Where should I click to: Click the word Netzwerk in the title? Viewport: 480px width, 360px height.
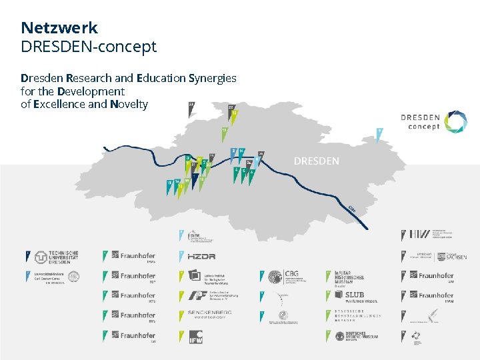[59, 28]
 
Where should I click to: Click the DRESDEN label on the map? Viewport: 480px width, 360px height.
[316, 161]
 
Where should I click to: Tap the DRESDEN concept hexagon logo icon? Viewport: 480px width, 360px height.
[455, 122]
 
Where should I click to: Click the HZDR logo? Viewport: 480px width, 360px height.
[201, 257]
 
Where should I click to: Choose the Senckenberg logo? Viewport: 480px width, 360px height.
[205, 314]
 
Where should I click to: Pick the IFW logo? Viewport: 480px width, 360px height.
[195, 337]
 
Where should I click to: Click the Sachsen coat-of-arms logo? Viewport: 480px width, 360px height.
[456, 256]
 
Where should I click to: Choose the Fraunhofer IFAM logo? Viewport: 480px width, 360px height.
[437, 295]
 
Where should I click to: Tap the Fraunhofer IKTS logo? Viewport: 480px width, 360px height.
[133, 295]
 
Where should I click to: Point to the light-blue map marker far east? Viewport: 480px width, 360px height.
[379, 134]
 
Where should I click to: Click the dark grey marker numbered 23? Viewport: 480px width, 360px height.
[192, 108]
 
